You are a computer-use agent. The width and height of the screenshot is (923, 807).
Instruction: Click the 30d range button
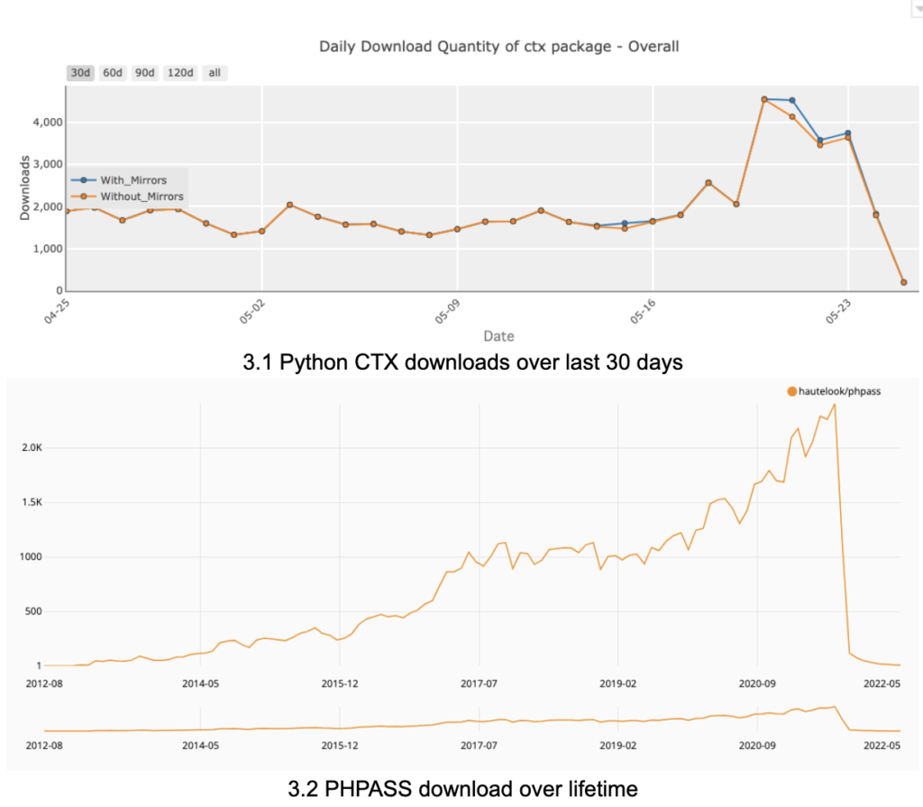[x=80, y=73]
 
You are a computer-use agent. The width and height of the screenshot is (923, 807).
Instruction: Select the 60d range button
[x=113, y=73]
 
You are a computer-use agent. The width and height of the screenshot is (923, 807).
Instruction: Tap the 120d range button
[x=180, y=73]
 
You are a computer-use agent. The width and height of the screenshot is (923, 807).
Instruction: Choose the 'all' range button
[x=215, y=73]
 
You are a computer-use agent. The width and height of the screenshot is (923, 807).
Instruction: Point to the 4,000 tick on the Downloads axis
[x=41, y=122]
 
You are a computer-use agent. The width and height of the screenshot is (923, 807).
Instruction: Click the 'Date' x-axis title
[x=498, y=336]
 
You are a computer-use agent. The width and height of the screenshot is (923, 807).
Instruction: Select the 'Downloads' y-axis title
[x=25, y=188]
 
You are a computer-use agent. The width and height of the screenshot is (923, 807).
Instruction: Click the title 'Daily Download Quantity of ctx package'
[x=498, y=46]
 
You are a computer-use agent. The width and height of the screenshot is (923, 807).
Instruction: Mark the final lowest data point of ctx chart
[x=903, y=282]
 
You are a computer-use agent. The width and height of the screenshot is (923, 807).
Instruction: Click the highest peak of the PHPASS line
[x=835, y=404]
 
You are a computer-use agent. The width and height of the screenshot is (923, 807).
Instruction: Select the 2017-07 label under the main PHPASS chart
[x=480, y=683]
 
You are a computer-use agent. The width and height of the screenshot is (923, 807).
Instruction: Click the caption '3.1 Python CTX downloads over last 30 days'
[x=462, y=362]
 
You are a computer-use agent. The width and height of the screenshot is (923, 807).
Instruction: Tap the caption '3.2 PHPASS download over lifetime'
[x=462, y=789]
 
